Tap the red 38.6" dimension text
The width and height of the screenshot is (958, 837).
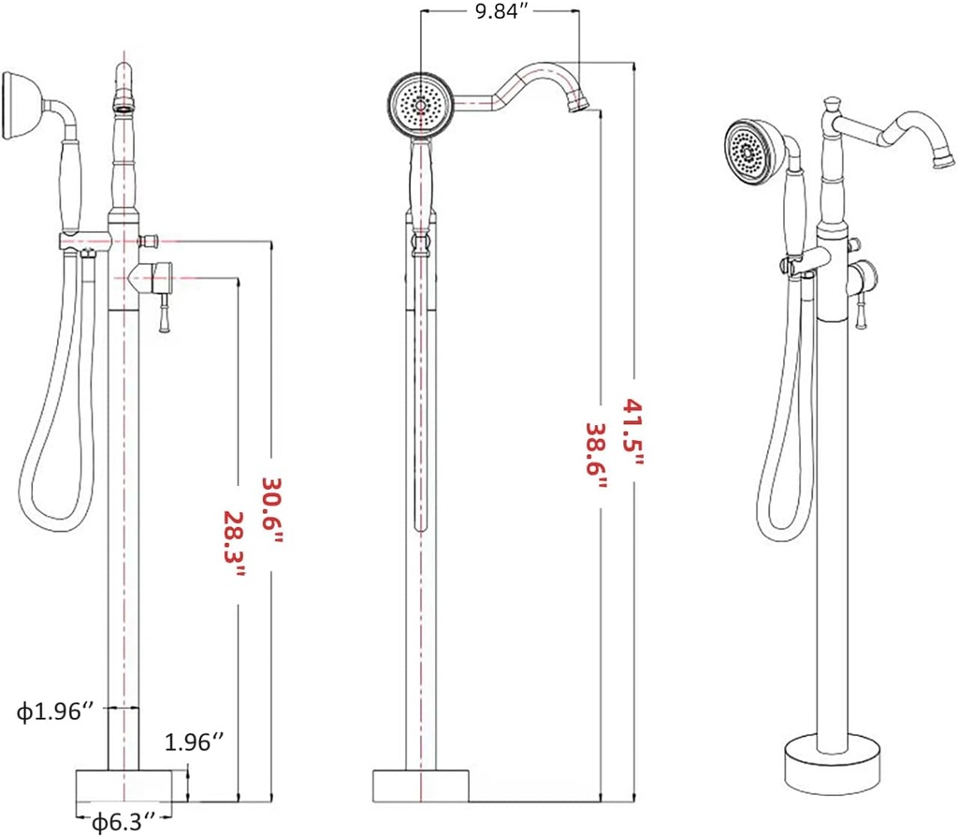pos(596,448)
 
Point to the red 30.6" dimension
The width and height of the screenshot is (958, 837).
pos(271,504)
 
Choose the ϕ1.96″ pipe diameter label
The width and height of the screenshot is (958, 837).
pos(55,712)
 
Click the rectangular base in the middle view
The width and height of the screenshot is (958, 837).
pos(421,785)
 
